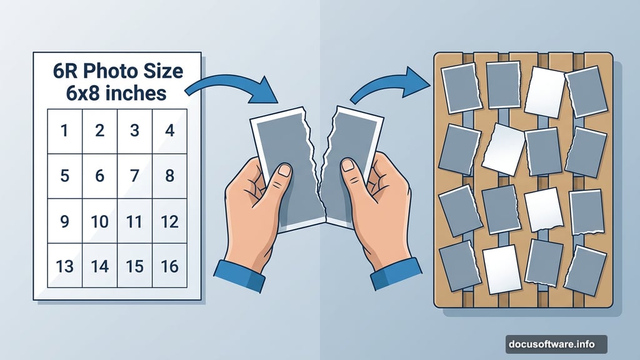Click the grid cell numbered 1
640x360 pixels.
tap(65, 131)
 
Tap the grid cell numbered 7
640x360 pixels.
tap(135, 176)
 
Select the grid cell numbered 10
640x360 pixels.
tap(100, 221)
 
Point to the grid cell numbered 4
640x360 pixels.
tap(170, 131)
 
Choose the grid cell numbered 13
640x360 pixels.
tap(65, 266)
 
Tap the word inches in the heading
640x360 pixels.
tap(136, 94)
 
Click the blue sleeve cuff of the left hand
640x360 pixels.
tap(239, 276)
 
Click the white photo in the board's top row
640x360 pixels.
tap(545, 92)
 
